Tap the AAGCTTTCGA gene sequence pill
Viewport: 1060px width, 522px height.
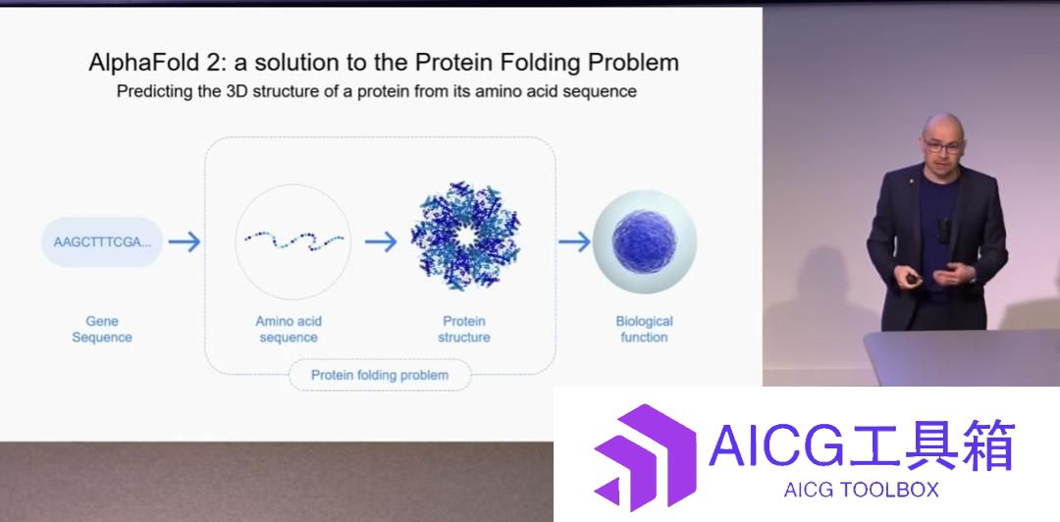(102, 241)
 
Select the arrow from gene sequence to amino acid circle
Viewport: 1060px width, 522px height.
(185, 241)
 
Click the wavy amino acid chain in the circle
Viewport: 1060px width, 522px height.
(294, 240)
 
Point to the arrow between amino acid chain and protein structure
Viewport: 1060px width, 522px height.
(381, 241)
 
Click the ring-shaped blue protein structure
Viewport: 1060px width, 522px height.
(465, 236)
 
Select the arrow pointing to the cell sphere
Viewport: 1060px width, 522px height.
(574, 241)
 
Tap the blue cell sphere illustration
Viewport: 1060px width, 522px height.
(644, 241)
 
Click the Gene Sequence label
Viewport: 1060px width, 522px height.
(102, 330)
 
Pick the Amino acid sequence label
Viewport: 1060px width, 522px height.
(289, 330)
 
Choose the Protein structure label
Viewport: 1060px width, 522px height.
(464, 330)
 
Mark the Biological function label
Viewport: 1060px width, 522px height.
(644, 330)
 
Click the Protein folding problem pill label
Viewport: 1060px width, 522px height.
(380, 375)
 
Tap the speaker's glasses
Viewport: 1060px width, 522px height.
(943, 145)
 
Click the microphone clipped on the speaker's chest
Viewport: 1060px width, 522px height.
(944, 231)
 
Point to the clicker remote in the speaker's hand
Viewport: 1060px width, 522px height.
(912, 279)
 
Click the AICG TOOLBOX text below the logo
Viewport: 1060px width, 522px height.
(862, 490)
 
